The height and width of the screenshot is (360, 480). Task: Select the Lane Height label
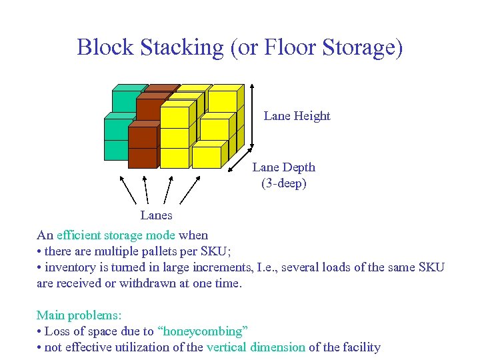(297, 116)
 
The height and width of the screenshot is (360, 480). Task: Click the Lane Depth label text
(283, 167)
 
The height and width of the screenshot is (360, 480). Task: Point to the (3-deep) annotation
(283, 183)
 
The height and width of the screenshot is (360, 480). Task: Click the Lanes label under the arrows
(156, 215)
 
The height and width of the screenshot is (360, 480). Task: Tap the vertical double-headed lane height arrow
(251, 117)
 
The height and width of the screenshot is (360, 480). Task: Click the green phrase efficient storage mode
(116, 235)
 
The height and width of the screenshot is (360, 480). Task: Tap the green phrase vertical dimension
(256, 347)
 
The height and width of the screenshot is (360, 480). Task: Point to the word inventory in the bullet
(69, 267)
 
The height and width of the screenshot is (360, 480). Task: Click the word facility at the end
(360, 347)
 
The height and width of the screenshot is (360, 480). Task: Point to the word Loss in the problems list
(57, 331)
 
